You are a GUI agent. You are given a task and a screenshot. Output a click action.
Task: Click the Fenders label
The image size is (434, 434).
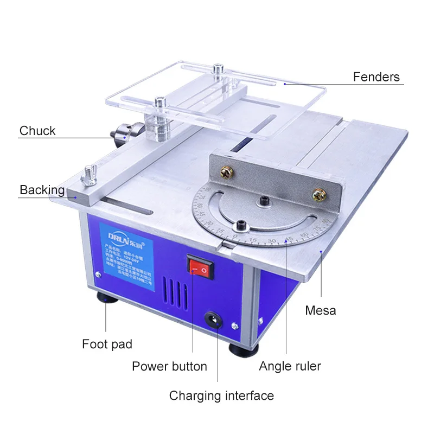[376, 76]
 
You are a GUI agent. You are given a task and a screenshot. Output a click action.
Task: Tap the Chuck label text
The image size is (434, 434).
[37, 131]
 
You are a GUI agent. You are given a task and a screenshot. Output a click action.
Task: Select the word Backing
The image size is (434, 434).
[42, 190]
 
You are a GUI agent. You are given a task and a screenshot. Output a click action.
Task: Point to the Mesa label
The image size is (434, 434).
[320, 310]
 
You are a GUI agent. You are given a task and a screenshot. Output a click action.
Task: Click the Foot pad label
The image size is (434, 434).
[107, 344]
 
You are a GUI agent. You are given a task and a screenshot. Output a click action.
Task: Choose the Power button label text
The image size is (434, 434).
[169, 366]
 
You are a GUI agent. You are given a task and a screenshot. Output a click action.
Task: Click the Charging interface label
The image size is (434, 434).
[221, 395]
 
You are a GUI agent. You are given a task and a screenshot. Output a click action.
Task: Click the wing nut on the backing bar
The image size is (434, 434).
[87, 178]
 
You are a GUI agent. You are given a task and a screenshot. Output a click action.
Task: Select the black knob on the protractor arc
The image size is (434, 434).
[239, 224]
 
